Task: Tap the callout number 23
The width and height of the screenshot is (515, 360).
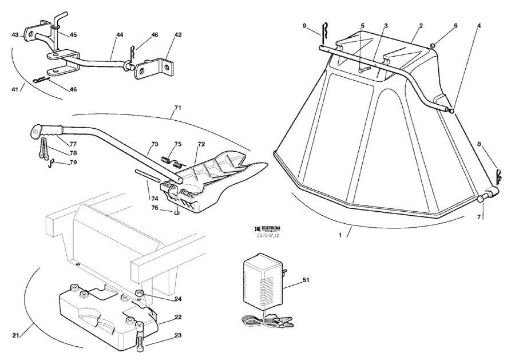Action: [162, 335]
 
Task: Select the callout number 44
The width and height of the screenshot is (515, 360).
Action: [119, 35]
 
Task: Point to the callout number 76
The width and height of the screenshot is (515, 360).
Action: [153, 208]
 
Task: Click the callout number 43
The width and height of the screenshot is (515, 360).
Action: [15, 35]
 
